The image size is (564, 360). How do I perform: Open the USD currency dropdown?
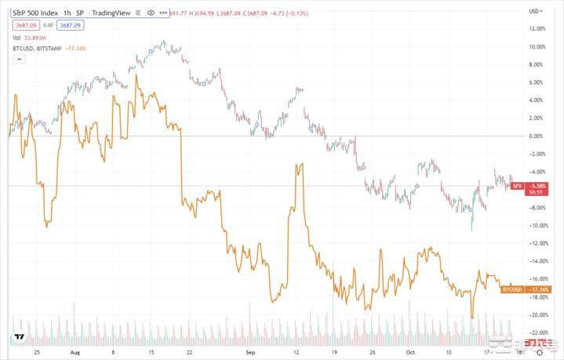click(x=536, y=11)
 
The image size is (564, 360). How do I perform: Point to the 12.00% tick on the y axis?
click(x=537, y=28)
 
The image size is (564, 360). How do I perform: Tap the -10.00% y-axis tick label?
click(x=537, y=225)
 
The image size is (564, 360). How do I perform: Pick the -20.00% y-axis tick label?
click(x=537, y=315)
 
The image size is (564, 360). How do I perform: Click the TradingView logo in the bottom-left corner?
click(x=19, y=339)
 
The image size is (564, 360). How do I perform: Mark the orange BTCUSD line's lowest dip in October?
click(x=472, y=318)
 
